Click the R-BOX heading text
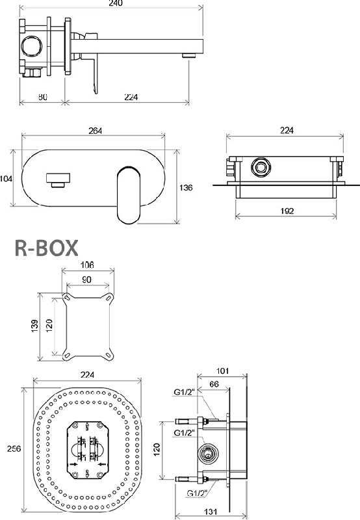click(x=46, y=248)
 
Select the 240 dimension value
click(x=116, y=3)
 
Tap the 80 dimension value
click(x=43, y=97)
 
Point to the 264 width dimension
click(x=95, y=131)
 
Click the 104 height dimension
click(x=6, y=179)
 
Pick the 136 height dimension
click(x=186, y=188)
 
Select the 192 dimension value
click(x=287, y=211)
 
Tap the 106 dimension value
click(x=87, y=265)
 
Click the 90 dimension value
click(x=86, y=279)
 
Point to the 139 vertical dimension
click(x=34, y=326)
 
